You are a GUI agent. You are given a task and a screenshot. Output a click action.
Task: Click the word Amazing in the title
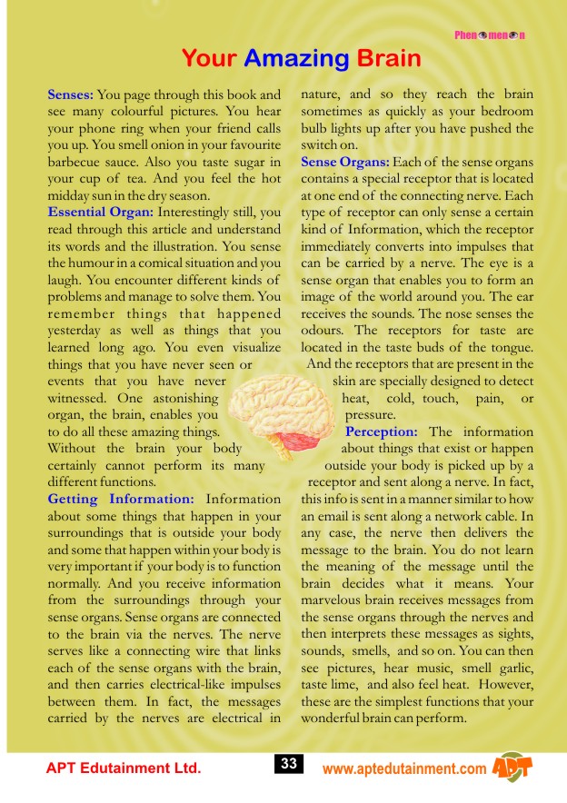point(296,59)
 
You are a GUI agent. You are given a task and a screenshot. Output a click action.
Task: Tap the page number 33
point(289,765)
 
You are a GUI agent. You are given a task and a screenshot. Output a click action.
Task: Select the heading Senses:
point(70,94)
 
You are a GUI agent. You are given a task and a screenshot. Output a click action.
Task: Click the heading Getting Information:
point(121,499)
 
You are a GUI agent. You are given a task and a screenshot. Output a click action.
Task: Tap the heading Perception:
point(381,431)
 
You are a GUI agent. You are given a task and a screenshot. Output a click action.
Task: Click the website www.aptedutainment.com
point(404,769)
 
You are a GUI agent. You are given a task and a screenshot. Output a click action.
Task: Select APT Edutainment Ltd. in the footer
point(123,768)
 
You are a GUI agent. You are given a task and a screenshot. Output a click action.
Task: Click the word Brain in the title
point(389,59)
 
